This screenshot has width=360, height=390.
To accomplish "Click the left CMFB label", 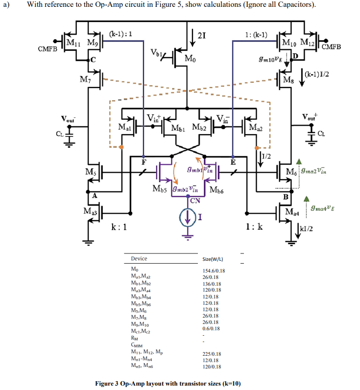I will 48,49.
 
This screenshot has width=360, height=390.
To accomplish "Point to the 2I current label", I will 201,34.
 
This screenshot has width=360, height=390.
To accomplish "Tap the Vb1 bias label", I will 158,52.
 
